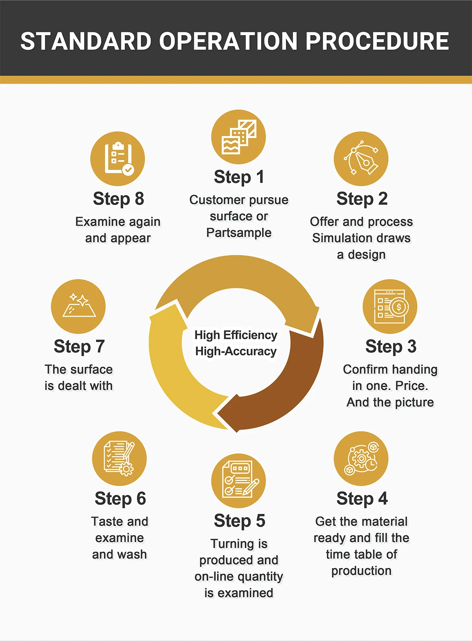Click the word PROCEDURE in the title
pos(377,41)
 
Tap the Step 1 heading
pos(239,177)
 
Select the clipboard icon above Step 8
pos(118,159)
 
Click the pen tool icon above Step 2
pos(361,159)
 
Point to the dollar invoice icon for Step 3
pos(390,307)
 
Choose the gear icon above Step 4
pos(361,458)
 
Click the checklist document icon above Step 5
pos(238,480)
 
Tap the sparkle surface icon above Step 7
pos(78,307)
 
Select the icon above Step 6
pos(119,458)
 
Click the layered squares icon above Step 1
pos(238,137)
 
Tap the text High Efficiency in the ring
pos(236,335)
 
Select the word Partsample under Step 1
pos(239,233)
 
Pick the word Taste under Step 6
pos(106,521)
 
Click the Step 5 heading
pos(239,521)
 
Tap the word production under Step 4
pos(361,571)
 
